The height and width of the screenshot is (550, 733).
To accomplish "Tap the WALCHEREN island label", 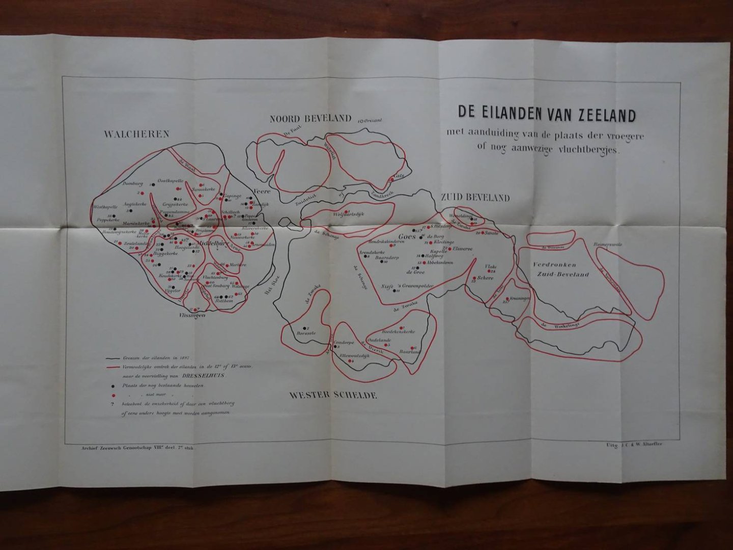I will (x=136, y=134).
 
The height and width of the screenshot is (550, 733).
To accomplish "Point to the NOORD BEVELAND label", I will (x=310, y=119).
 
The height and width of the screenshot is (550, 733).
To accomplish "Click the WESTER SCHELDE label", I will (x=333, y=395).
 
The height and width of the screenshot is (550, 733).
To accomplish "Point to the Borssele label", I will (x=306, y=334).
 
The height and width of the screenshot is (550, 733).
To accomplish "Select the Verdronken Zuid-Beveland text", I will (x=560, y=269).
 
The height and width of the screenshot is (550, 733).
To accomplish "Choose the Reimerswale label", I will (x=609, y=244).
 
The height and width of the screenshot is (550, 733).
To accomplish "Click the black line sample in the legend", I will (x=113, y=358).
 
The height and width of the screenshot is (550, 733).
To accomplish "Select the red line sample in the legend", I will (x=113, y=367).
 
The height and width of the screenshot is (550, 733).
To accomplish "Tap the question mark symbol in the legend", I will (x=111, y=404).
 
